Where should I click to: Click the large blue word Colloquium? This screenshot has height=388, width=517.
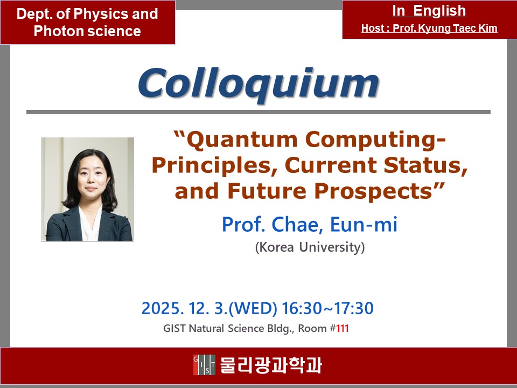[259, 84]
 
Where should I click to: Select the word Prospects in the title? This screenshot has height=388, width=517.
[373, 191]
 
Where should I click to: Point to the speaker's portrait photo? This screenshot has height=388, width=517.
[87, 189]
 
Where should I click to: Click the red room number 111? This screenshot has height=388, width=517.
[343, 329]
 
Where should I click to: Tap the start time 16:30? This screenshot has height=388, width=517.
[302, 308]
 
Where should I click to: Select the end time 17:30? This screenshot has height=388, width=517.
[354, 308]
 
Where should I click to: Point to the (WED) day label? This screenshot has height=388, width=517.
[253, 308]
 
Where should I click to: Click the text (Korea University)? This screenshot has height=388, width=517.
[310, 247]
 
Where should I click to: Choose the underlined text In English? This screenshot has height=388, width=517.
[429, 11]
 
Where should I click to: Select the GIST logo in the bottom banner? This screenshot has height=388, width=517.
[205, 365]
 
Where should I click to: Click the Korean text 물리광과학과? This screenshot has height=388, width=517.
[271, 365]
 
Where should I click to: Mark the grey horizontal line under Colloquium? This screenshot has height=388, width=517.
[258, 112]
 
